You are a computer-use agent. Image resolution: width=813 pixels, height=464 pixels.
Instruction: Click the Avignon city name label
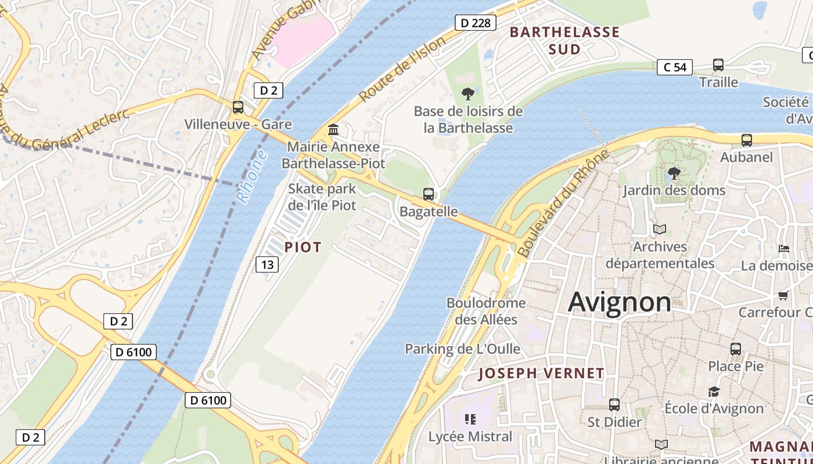tap(620, 302)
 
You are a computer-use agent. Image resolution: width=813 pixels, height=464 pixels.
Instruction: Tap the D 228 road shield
tap(476, 23)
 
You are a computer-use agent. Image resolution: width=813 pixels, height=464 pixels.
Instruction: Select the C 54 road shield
tap(675, 67)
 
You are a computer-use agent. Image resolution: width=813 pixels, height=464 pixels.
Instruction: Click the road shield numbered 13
tap(267, 265)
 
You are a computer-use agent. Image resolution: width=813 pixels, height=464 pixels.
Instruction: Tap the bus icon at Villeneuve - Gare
tap(238, 107)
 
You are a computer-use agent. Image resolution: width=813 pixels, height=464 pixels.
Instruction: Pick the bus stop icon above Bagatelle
tap(429, 194)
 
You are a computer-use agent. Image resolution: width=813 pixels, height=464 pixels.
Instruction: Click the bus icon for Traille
tap(718, 65)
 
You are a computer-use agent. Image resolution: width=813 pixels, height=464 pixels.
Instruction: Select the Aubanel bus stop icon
tap(746, 140)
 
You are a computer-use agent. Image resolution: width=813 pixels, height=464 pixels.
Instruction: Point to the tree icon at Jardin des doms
tap(674, 173)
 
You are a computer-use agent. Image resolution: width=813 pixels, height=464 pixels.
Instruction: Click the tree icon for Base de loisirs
tap(467, 93)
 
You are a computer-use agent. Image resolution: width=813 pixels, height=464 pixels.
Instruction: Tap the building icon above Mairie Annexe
tap(333, 129)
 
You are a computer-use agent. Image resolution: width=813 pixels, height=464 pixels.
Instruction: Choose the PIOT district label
tap(303, 248)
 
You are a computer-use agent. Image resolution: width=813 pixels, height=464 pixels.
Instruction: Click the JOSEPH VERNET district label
tap(541, 374)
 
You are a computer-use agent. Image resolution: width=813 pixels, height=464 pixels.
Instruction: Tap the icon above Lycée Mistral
tap(470, 419)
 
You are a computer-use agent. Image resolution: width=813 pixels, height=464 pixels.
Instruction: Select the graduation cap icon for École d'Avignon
tap(714, 391)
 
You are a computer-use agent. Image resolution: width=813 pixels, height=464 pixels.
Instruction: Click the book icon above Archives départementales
tap(659, 229)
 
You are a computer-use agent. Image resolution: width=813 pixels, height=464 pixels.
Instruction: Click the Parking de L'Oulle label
tap(462, 349)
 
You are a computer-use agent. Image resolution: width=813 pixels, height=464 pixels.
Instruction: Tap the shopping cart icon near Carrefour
tap(783, 296)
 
